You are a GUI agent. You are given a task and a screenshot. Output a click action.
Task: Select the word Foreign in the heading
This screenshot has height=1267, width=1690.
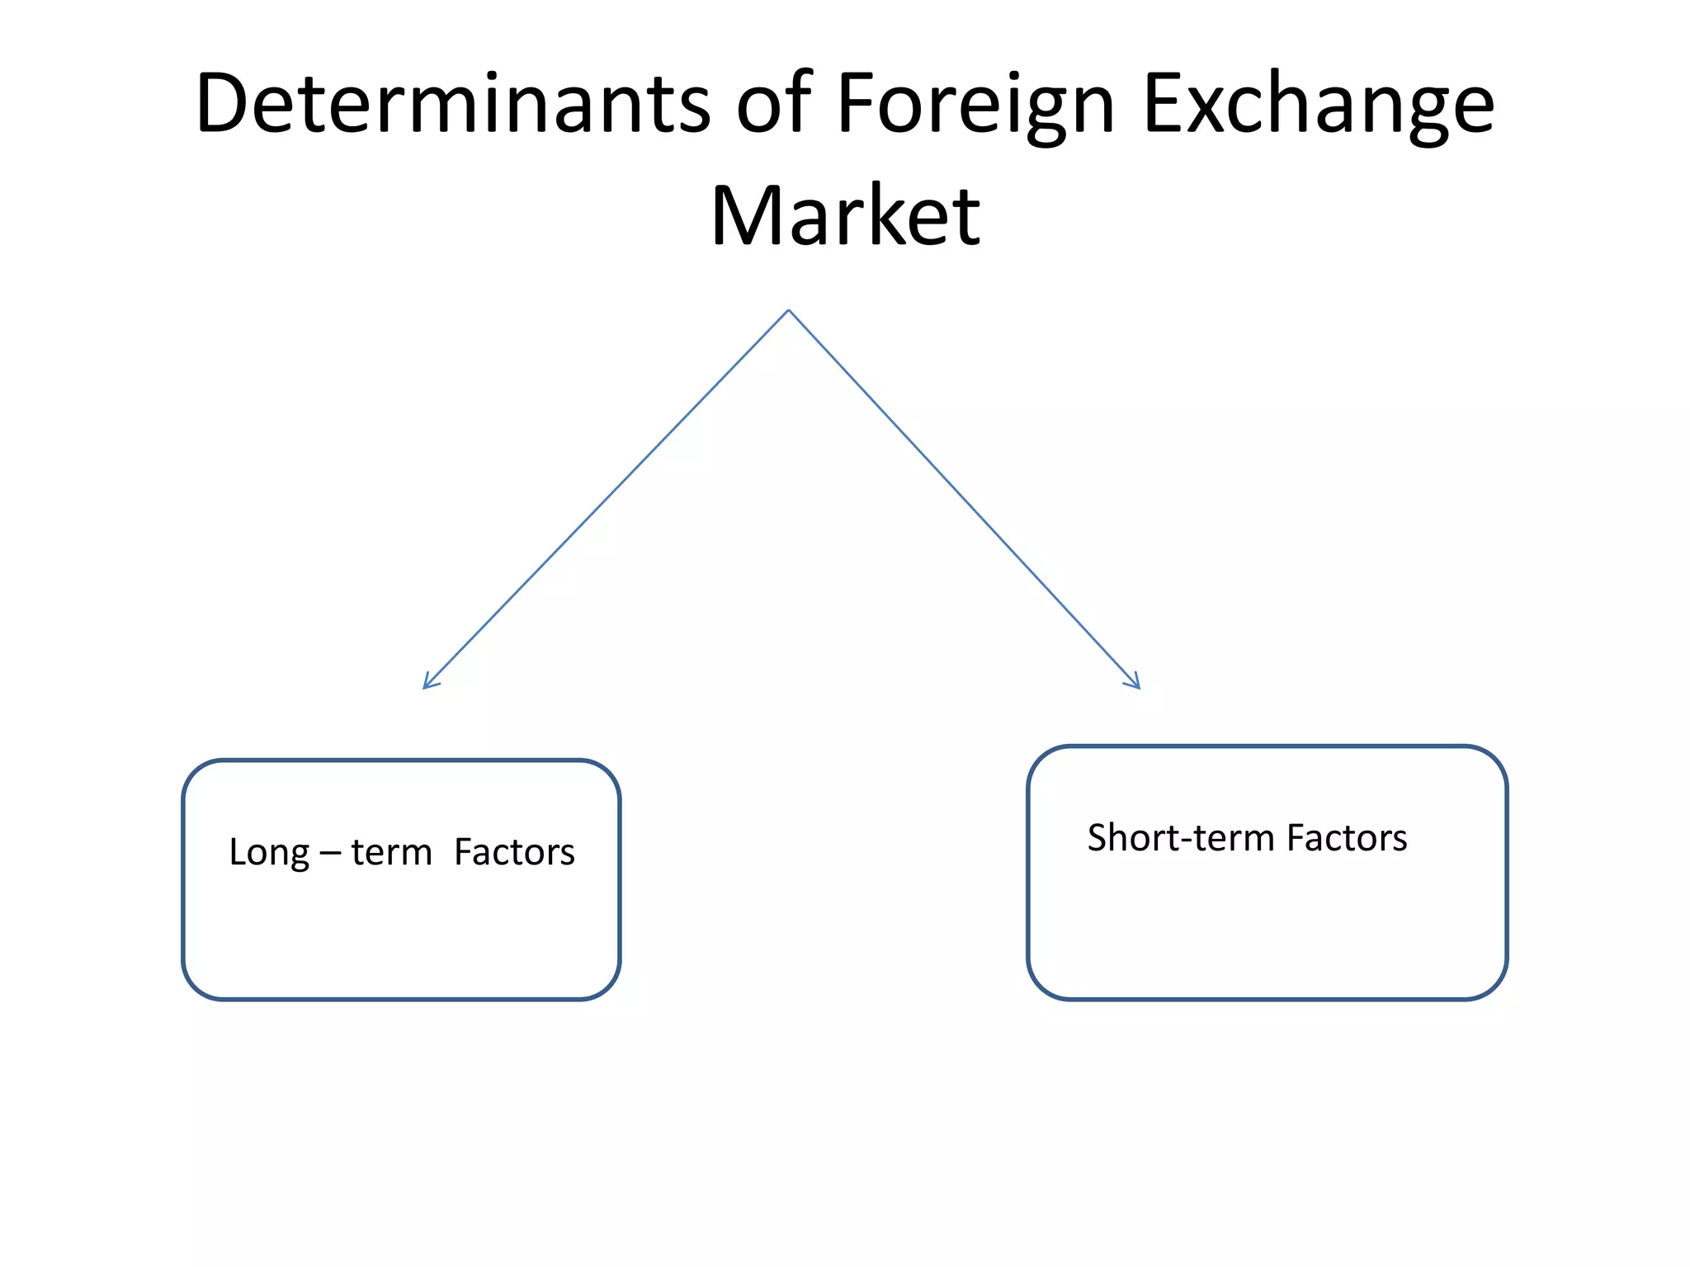975,106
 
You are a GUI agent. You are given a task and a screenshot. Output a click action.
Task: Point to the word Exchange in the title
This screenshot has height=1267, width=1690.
1319,106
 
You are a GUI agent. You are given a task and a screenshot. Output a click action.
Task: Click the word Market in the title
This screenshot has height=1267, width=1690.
845,216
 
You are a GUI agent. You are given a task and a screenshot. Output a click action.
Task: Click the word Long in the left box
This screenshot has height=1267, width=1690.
269,853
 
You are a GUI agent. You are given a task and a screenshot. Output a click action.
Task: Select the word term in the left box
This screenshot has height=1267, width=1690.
391,853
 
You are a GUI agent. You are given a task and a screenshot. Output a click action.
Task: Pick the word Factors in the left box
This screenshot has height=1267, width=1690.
514,852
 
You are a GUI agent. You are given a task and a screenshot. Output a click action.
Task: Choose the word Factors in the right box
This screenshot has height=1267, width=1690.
1347,838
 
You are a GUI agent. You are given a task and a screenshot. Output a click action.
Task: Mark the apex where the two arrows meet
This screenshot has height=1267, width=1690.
789,311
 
